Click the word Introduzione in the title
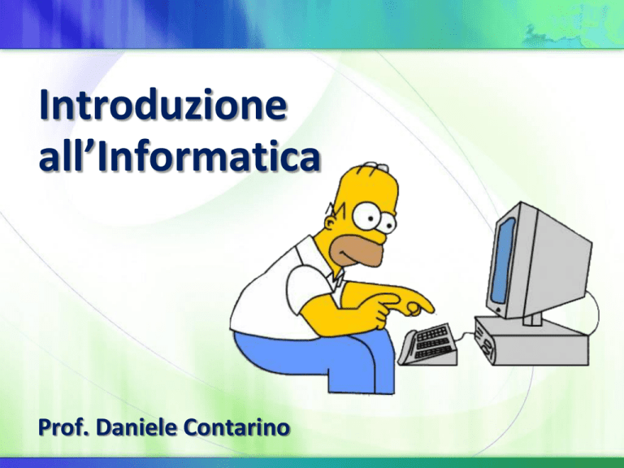coord(163,105)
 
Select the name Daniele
coord(136,427)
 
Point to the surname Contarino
coord(236,427)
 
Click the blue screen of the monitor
coord(503,260)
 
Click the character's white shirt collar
coord(336,279)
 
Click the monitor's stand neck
coord(532,318)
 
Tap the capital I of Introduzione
coord(44,104)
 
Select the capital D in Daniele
coord(104,427)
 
